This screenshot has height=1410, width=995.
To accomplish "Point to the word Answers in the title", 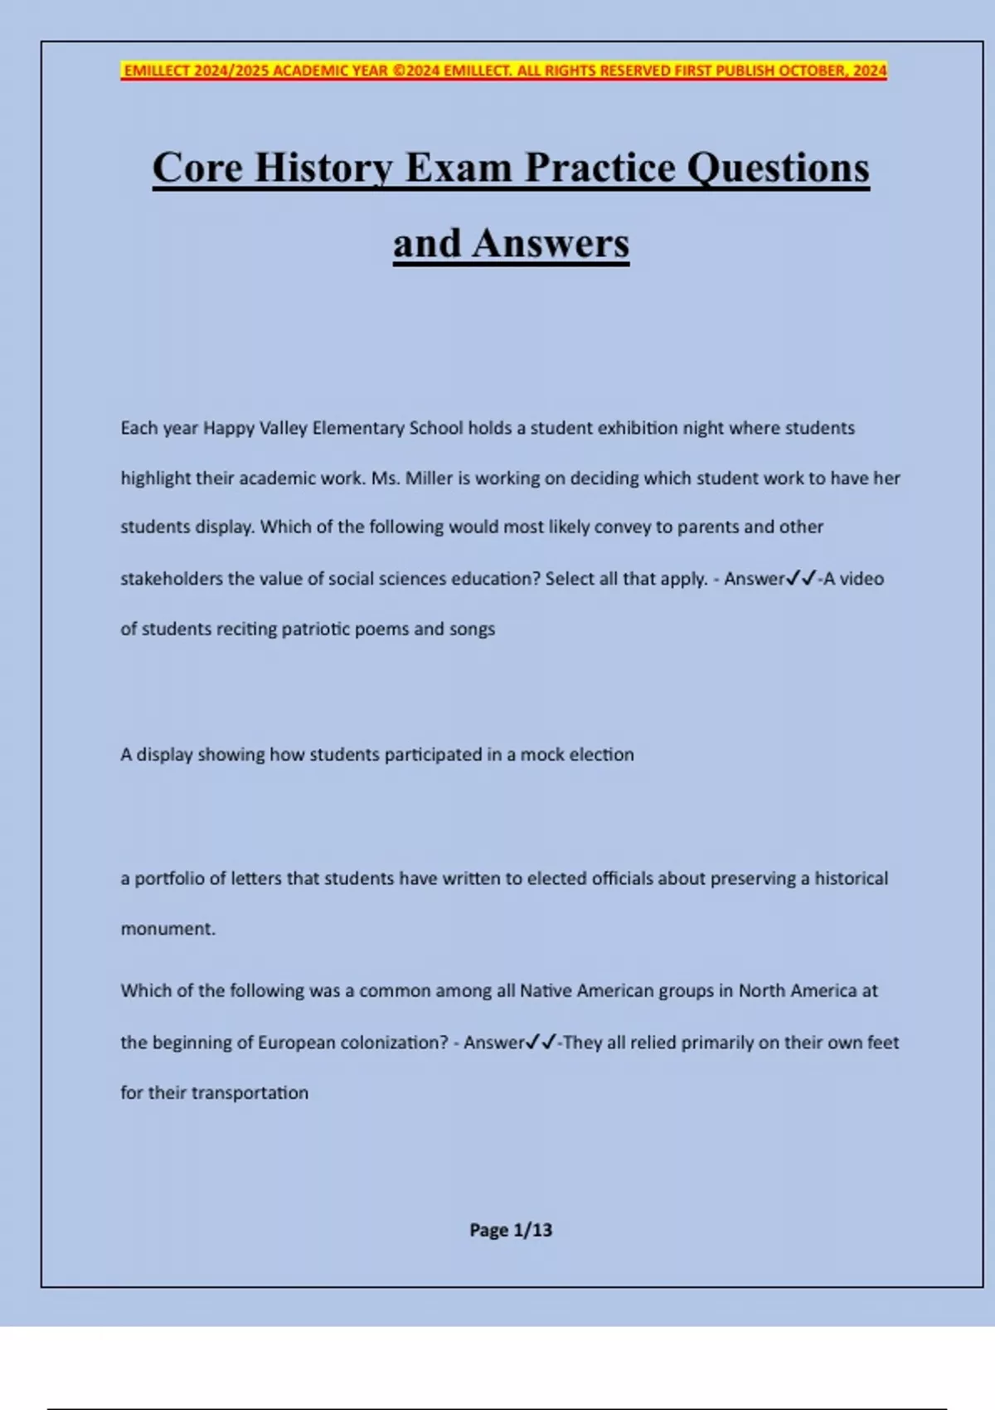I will pyautogui.click(x=551, y=243).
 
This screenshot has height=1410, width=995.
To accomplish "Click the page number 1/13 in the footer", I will pyautogui.click(x=532, y=1230).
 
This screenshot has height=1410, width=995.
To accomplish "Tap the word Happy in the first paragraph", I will pyautogui.click(x=228, y=429).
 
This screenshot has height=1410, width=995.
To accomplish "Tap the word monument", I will pyautogui.click(x=167, y=929).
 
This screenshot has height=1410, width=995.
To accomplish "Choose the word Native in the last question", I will pyautogui.click(x=546, y=991).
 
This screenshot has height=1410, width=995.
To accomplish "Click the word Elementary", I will pyautogui.click(x=358, y=429).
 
